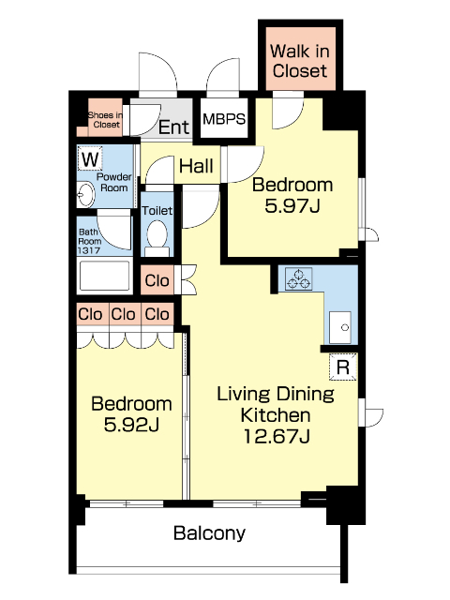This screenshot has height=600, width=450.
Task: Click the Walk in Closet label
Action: pos(300,61)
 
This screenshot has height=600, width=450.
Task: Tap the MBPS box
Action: pos(224,119)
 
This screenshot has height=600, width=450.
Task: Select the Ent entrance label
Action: pos(174,127)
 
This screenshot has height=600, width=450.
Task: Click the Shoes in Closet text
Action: pos(106,120)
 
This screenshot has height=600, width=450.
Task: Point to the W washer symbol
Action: pos(91,159)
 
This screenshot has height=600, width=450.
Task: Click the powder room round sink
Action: pos(85,194)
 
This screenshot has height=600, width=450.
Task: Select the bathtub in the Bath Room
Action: pos(104,276)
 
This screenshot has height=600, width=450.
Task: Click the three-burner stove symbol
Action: pos(299,279)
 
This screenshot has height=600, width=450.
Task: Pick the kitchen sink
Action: pos(340,327)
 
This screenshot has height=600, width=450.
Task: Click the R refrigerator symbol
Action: pos(343,367)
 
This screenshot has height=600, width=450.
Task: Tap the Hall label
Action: pos(196,166)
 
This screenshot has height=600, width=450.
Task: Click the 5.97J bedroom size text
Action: pos(292,206)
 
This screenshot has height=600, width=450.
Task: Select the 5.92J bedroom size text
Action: pos(131,425)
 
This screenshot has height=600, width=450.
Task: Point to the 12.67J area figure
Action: pos(277,436)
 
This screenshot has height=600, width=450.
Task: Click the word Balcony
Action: pos(209,533)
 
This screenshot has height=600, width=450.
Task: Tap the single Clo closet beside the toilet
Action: pos(157,280)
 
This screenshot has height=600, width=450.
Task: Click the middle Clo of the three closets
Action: pos(123,315)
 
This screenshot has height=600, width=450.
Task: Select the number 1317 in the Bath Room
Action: pos(89,250)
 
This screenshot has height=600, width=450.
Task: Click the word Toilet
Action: pos(157,210)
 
